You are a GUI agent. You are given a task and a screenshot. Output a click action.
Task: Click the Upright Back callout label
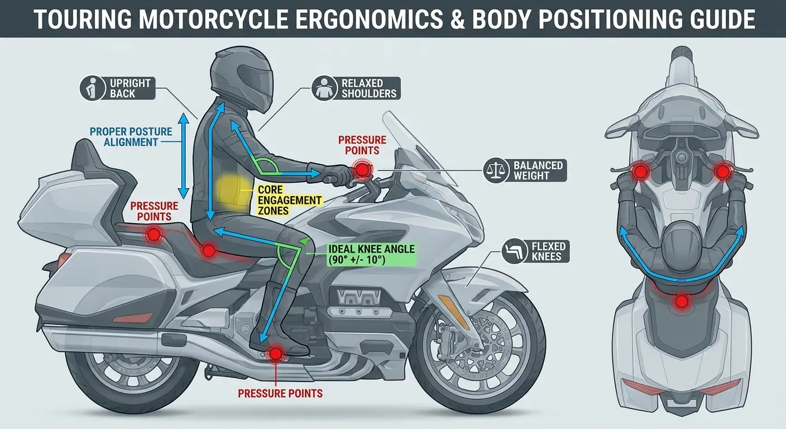coord(118,88)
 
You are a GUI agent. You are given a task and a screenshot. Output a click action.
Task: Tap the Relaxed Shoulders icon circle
coord(324,88)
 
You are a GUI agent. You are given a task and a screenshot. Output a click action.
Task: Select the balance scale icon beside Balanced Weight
coord(496,170)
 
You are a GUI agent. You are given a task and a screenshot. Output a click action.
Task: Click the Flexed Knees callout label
coord(535,251)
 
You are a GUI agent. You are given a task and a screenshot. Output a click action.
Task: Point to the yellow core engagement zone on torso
coord(233,193)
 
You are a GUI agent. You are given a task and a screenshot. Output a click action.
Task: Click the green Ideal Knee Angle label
coord(371,255)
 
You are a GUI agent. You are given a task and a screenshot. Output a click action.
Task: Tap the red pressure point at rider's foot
coord(276,354)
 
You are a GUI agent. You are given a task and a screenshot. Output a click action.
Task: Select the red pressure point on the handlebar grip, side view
coord(362,170)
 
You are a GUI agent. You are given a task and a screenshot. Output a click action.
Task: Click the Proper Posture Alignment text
coord(131,137)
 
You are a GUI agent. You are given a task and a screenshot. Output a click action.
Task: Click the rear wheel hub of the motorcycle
coord(133,367)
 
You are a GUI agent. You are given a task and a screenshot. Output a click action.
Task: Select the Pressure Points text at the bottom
coord(280,393)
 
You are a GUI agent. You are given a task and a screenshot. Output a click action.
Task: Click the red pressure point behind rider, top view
coord(682,301)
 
